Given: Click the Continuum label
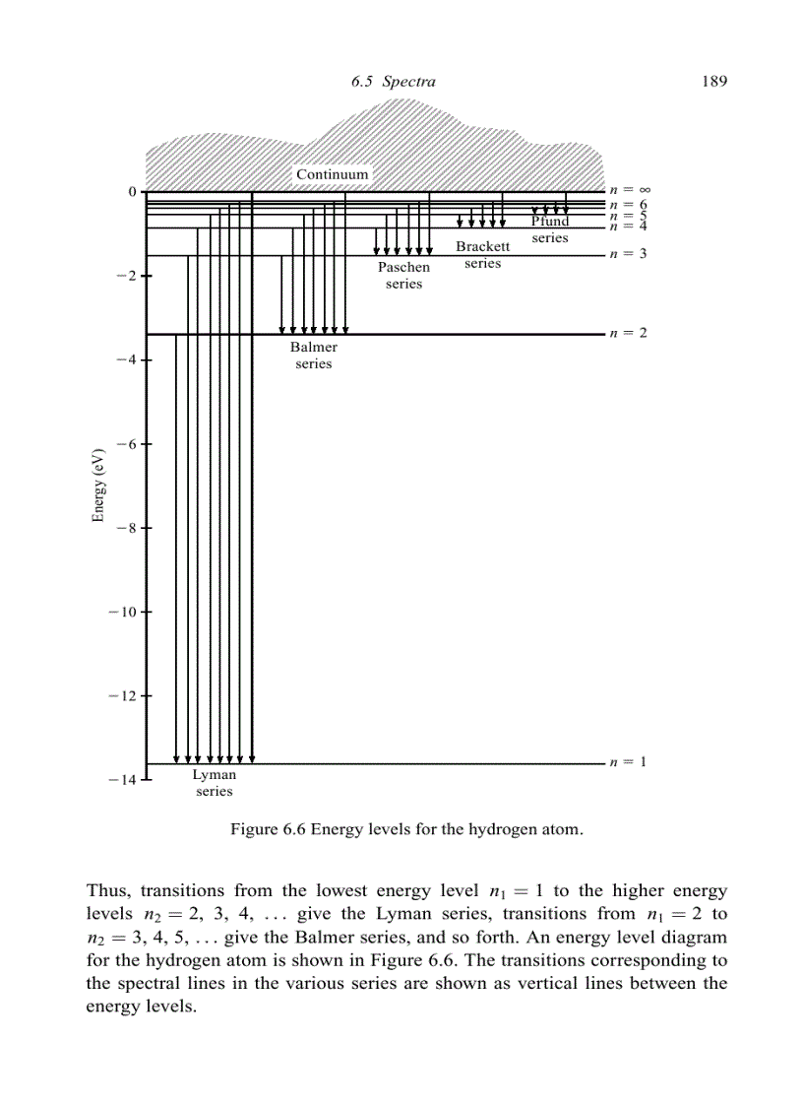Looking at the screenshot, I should coord(333,174).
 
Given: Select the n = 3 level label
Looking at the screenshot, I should coord(628,254).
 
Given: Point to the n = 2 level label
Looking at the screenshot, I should coord(628,333).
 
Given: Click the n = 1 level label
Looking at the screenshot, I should coord(628,761).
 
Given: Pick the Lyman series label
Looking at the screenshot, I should coord(214,783).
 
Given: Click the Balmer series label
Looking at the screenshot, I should coord(314,356).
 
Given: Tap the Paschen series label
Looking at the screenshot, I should coord(403,276).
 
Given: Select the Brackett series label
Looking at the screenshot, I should coord(482,254).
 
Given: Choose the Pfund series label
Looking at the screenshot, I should coord(550,229).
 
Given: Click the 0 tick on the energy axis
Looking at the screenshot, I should coord(132,191).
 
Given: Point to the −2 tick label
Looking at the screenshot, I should coord(124,276).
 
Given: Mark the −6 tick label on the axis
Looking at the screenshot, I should coord(124,444).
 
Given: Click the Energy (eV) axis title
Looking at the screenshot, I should coord(98,487).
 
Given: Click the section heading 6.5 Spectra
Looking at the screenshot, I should coord(393,82).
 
